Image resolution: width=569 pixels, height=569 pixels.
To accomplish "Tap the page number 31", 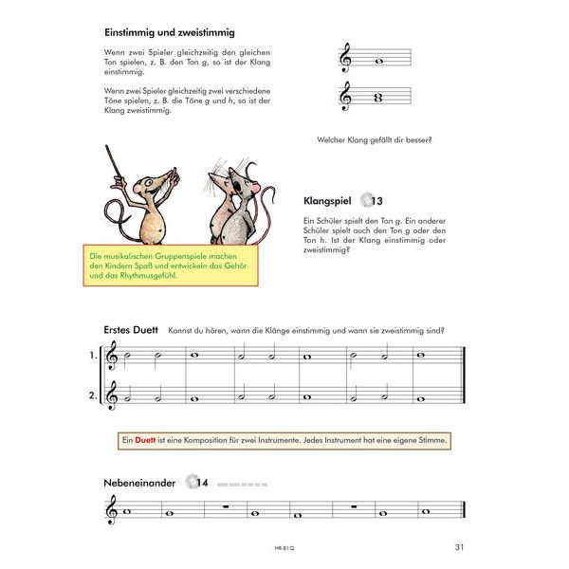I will tap(460, 546).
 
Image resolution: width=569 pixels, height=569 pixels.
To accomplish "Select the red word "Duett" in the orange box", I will tap(146, 440).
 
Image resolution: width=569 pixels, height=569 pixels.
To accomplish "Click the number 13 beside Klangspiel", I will tap(376, 201).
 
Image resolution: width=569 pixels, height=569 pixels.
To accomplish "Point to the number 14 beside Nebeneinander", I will tap(203, 483).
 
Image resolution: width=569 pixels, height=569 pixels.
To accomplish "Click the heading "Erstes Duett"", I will tap(130, 329).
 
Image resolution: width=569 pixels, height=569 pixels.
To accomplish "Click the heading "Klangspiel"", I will tap(327, 201).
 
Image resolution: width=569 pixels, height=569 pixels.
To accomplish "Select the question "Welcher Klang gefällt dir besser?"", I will tap(375, 140).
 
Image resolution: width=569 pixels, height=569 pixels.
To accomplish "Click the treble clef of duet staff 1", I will tap(113, 358).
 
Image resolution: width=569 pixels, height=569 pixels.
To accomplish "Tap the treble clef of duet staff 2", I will tap(113, 395).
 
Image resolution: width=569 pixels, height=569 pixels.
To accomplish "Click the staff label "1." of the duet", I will tap(93, 357).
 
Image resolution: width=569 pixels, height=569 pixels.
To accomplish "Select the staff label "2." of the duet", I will tap(93, 395).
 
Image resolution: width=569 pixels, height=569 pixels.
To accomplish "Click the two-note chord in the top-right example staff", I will tap(378, 95).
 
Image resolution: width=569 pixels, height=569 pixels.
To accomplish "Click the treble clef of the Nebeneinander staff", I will tap(113, 513).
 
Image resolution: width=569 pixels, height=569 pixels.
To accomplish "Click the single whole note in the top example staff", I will tap(378, 64).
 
